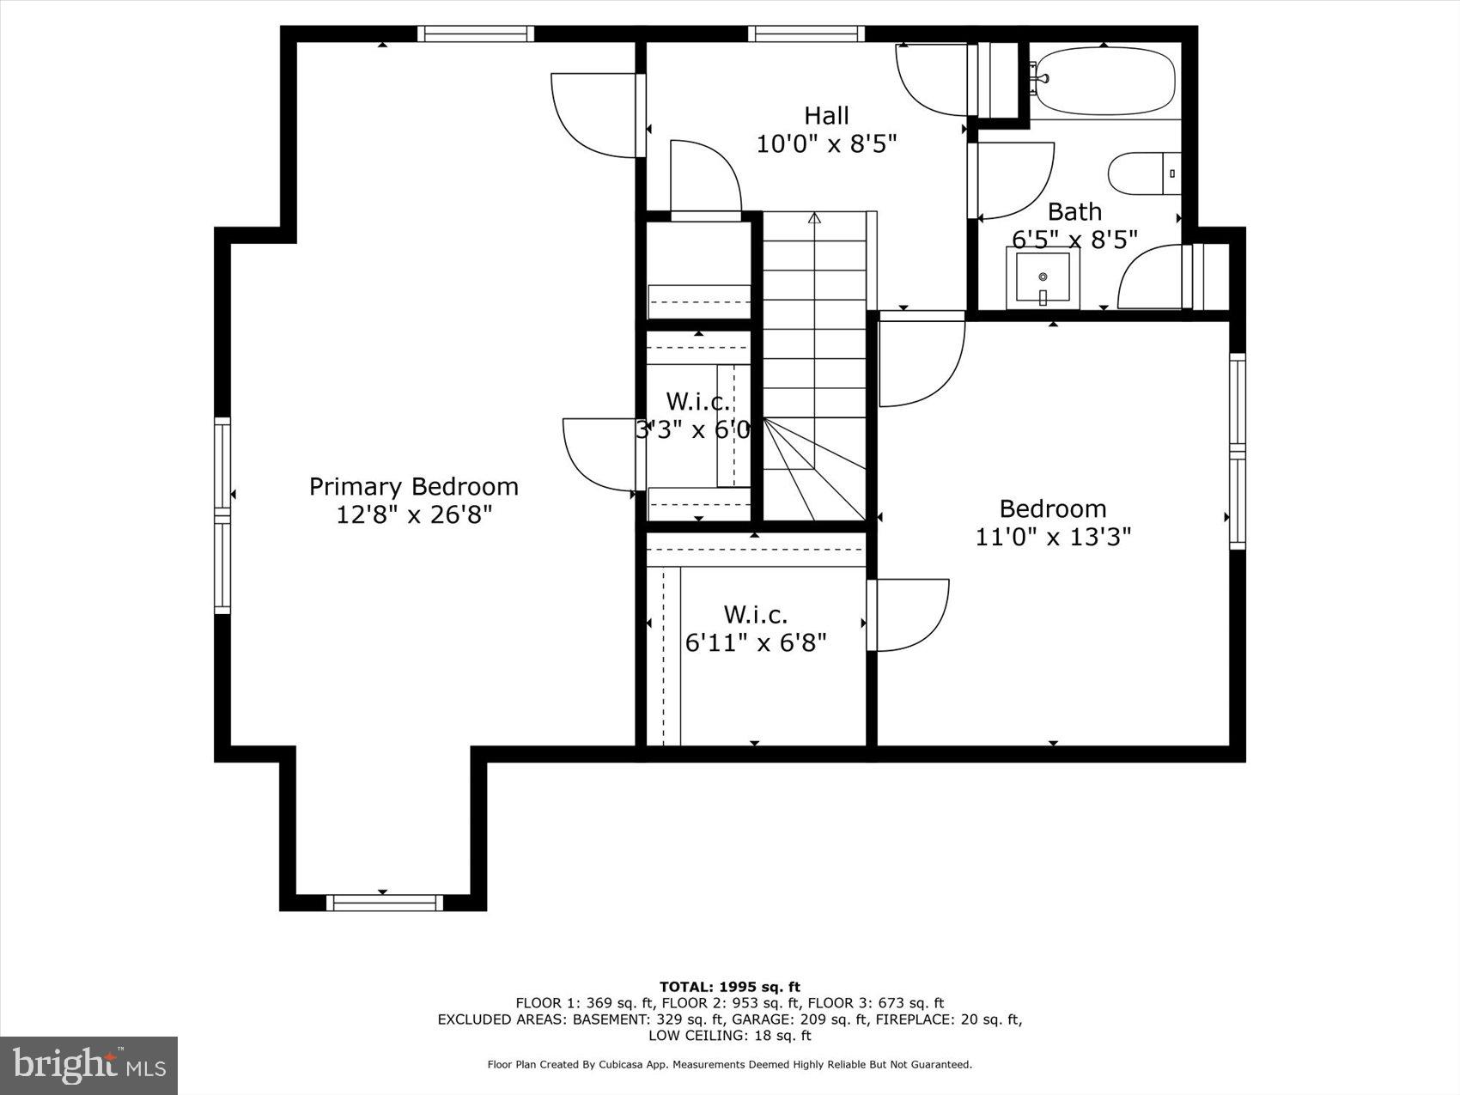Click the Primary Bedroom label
413,487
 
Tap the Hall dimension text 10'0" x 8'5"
826,143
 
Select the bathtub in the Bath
1103,82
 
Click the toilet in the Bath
1142,173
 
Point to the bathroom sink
1043,277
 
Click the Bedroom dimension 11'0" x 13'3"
1053,538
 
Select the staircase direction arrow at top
814,218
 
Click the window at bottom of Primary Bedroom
383,903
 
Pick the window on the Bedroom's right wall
1237,451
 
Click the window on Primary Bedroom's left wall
222,515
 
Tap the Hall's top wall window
806,33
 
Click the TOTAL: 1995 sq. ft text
729,987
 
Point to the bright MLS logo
89,1066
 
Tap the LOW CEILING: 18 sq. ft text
729,1036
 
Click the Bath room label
1074,211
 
